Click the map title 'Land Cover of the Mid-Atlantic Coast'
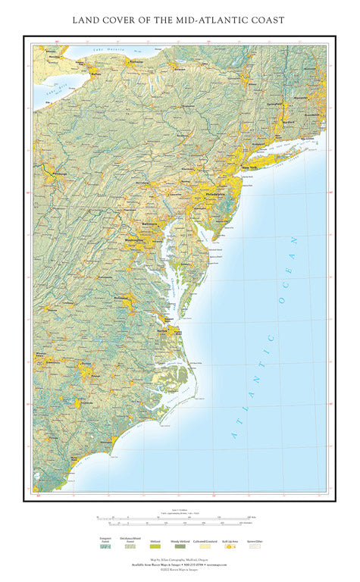pos(180,20)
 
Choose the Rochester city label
pos(136,61)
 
